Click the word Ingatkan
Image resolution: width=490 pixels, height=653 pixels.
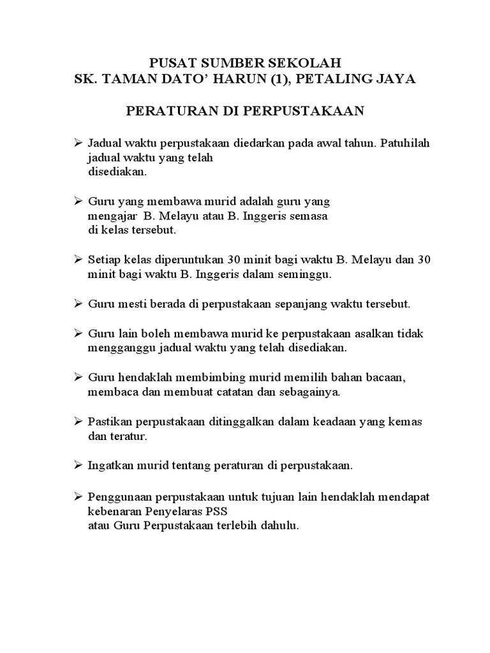pyautogui.click(x=110, y=466)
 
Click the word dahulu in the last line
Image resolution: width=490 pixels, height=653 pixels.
pyautogui.click(x=281, y=526)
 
